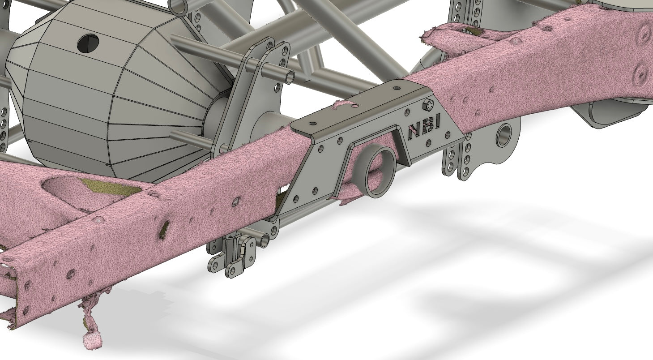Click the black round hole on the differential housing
88,44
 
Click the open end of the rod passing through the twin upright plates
290,77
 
